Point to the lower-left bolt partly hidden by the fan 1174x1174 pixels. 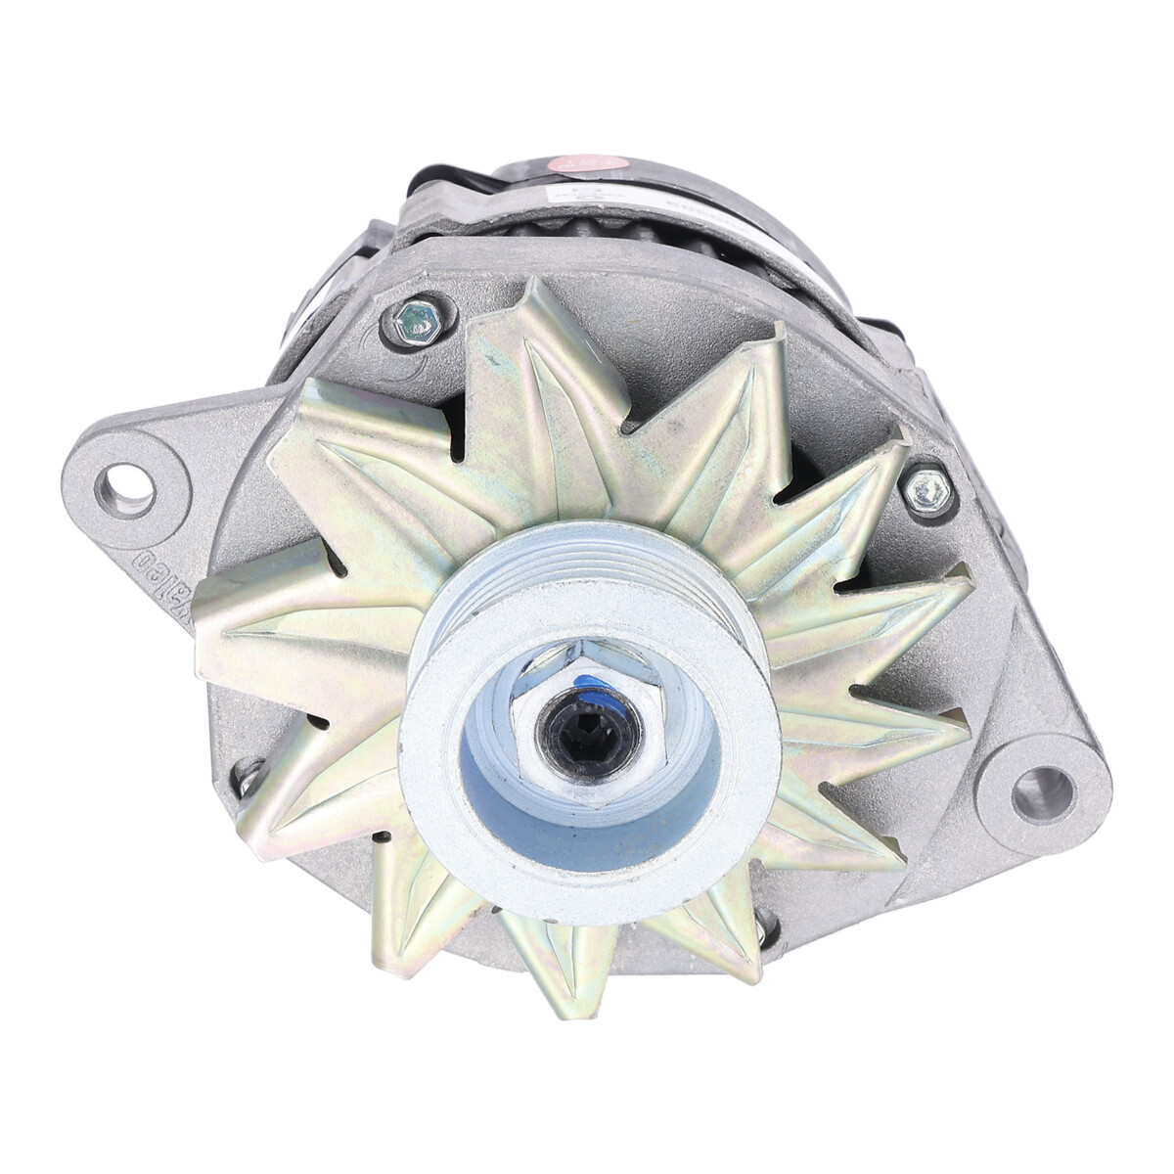246,776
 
